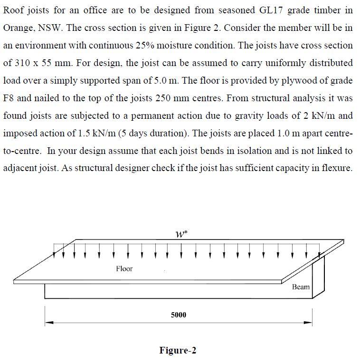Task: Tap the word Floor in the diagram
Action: (x=124, y=269)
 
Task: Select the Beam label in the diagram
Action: (x=301, y=287)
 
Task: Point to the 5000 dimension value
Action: (x=179, y=315)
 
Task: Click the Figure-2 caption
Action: (x=178, y=351)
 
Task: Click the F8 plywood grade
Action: (x=9, y=98)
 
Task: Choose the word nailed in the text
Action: (x=51, y=98)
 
